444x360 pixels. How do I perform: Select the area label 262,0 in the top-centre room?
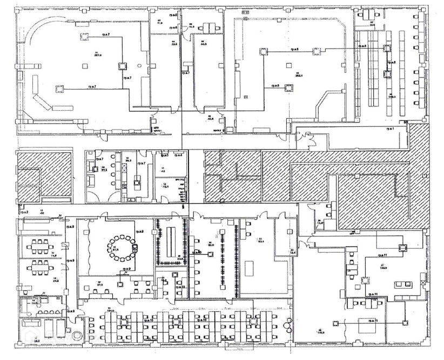click(298, 76)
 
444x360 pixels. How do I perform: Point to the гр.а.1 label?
click(390, 130)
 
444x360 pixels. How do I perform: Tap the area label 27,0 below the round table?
click(100, 283)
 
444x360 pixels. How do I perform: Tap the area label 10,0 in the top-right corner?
click(372, 25)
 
